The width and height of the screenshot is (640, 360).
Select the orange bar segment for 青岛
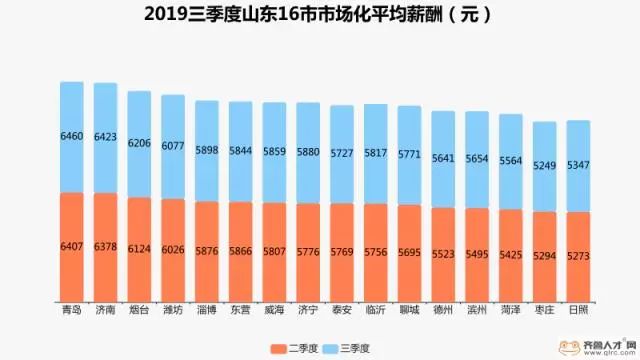pyautogui.click(x=71, y=245)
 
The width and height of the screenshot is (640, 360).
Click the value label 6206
pyautogui.click(x=139, y=143)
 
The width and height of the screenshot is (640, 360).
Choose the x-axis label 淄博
pyautogui.click(x=207, y=310)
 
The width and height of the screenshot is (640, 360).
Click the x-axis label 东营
pyautogui.click(x=241, y=310)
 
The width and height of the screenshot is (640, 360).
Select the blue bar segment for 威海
pyautogui.click(x=275, y=152)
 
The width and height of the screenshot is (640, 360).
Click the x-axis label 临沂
pyautogui.click(x=376, y=310)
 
